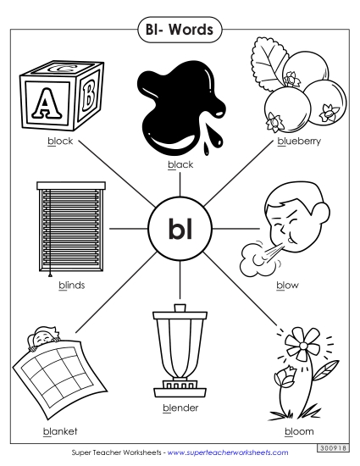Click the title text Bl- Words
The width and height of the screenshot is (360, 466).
click(x=180, y=30)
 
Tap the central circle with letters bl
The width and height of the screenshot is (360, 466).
click(x=179, y=227)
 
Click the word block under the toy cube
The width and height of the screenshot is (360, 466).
click(x=60, y=141)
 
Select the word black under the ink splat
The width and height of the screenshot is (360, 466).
click(x=180, y=164)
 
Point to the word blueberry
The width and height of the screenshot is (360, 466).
click(x=299, y=141)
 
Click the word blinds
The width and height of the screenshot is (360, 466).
click(x=71, y=285)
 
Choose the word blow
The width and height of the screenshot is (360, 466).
click(x=287, y=285)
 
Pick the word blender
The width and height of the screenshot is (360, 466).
click(x=180, y=408)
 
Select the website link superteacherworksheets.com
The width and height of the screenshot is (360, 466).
click(x=228, y=453)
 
